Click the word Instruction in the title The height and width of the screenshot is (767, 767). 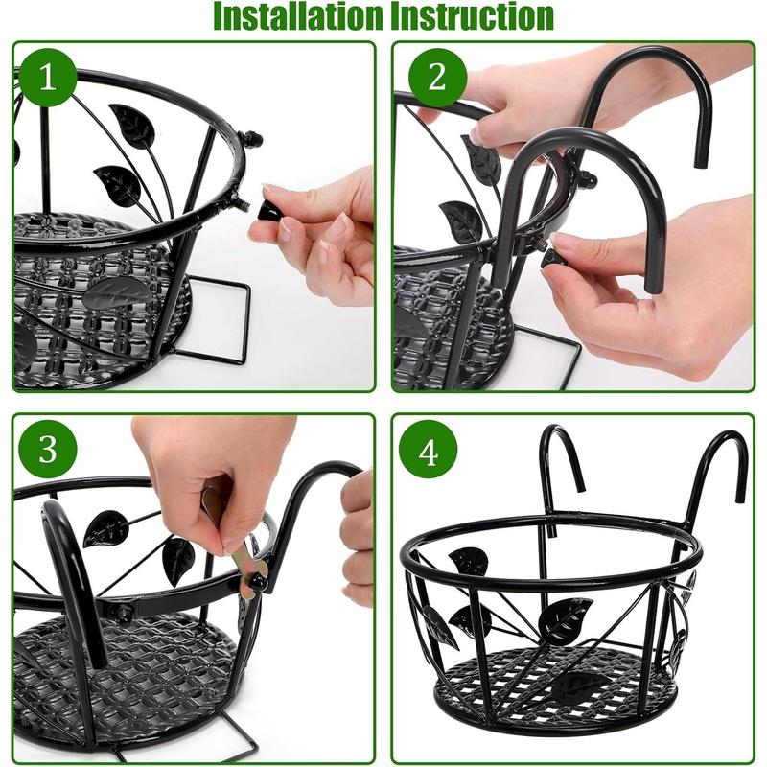(x=472, y=16)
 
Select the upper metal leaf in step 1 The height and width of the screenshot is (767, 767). (x=132, y=125)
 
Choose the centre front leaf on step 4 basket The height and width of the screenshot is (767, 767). (x=566, y=618)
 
